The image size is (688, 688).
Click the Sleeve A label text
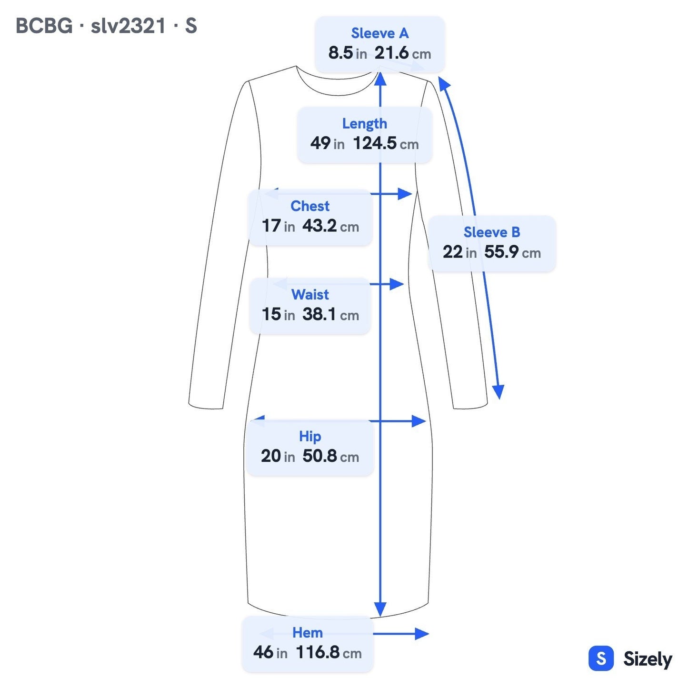point(379,33)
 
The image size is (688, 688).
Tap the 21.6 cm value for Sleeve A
point(403,53)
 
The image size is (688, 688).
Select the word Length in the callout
point(365,124)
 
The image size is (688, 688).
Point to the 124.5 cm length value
point(386,143)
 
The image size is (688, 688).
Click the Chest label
point(309,206)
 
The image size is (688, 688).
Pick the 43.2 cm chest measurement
point(330,226)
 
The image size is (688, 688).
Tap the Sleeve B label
point(492,232)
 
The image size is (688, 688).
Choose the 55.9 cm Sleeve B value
point(512,252)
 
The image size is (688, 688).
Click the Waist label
point(310,295)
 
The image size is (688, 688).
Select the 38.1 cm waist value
point(330,314)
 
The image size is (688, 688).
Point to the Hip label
point(310,436)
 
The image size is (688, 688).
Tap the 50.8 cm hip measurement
point(330,456)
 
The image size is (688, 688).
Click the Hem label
point(308,632)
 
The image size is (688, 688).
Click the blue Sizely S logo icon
point(601,658)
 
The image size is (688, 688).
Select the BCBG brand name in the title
point(44,26)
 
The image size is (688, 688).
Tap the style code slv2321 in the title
point(128,26)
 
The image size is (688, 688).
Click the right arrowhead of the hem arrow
point(422,634)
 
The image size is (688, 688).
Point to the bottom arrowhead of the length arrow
point(380,608)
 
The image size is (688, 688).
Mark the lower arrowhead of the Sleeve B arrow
point(499,392)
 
